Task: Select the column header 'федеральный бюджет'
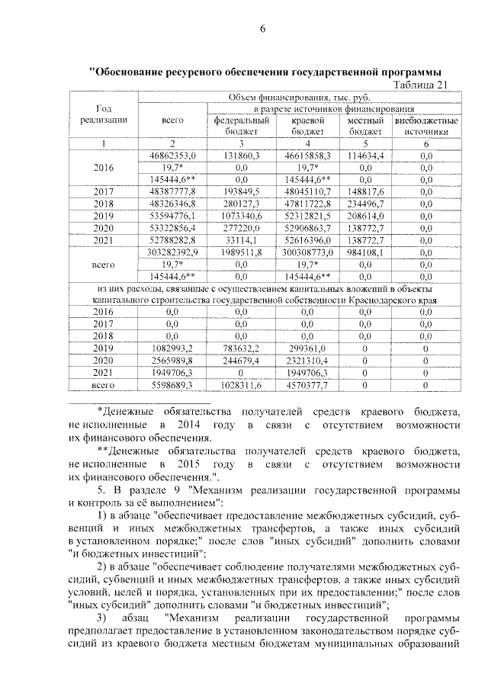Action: (241, 126)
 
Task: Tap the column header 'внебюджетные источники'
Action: (426, 126)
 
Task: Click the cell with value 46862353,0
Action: (173, 155)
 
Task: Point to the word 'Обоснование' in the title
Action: (131, 72)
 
